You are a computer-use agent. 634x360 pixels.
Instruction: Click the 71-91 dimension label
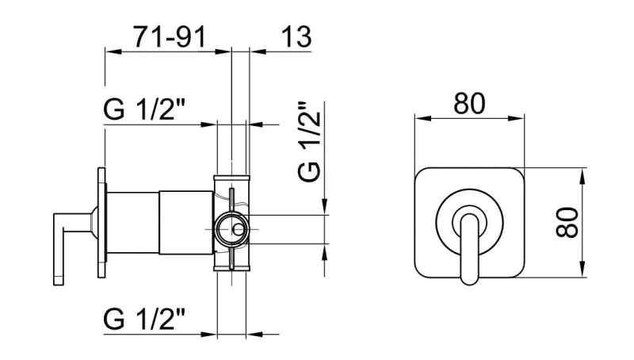pos(170,36)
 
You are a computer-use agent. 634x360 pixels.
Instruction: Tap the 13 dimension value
pos(296,36)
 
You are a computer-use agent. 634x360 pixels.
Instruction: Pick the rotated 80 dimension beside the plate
pos(567,222)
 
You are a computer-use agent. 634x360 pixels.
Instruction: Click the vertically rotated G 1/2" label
pos(309,141)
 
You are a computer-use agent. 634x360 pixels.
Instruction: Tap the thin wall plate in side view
pos(101,223)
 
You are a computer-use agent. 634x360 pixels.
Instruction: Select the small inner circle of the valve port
pos(239,230)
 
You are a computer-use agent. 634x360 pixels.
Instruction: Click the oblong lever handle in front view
pos(469,247)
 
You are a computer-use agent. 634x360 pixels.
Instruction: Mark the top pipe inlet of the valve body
pos(231,178)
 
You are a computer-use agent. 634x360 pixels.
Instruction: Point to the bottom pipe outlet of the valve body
pos(231,267)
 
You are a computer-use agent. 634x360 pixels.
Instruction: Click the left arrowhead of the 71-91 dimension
pos(112,52)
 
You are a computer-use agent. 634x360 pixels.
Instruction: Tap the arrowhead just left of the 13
pos(259,52)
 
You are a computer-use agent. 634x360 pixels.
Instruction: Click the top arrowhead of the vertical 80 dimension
pos(582,176)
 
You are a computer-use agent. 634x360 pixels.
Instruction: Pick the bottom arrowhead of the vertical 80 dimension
pos(582,270)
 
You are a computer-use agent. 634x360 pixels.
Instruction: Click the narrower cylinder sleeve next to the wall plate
pos(132,223)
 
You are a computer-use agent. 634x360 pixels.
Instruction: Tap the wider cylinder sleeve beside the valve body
pos(186,223)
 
